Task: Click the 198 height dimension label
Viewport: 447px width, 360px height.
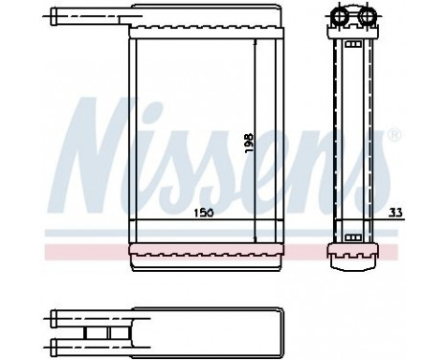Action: [249, 143]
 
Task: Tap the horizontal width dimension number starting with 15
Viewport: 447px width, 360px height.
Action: [204, 213]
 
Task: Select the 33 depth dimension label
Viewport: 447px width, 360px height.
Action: [395, 212]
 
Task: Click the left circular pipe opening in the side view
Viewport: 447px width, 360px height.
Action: [340, 15]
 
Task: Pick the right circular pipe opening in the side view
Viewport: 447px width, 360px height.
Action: [368, 15]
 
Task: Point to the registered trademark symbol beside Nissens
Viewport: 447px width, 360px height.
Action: [394, 134]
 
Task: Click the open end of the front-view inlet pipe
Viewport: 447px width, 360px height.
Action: [53, 16]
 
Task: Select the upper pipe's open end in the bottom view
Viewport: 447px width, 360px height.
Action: [54, 318]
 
